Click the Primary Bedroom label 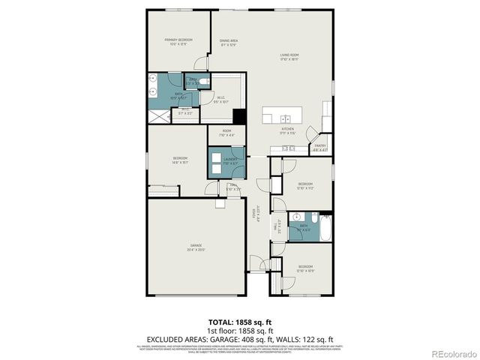[x=179, y=40]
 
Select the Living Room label [x=289, y=55]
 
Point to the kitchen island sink [x=286, y=118]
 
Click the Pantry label [x=319, y=146]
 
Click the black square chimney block [x=240, y=117]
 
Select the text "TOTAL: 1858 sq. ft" [x=239, y=322]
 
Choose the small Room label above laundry [x=226, y=132]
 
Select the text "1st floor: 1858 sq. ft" [x=239, y=330]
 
